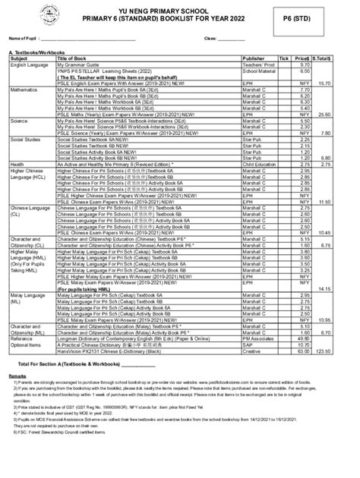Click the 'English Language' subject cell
pos(30,64)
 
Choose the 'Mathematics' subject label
pos(25,89)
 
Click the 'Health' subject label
pos(17,163)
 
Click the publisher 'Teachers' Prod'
pos(257,64)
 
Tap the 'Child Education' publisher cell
pos(259,163)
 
